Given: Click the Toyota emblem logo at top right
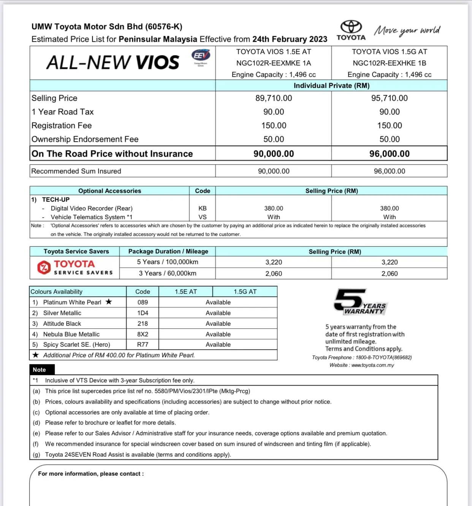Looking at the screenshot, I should tap(351, 27).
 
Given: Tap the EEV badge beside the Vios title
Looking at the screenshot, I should tap(201, 56).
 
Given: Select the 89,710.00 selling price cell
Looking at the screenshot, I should tap(274, 98).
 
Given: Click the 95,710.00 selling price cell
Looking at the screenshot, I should tap(389, 98).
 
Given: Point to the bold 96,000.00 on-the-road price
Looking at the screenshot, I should tap(389, 154).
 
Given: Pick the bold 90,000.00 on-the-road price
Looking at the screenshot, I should tap(274, 154).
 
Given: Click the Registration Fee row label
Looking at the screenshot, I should tap(62, 126).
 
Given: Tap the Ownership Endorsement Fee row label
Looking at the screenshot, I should tap(85, 139).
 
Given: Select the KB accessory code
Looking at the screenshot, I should tap(203, 208).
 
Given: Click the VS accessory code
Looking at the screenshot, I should tap(203, 217).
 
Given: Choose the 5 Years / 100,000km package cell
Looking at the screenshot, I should tap(168, 262).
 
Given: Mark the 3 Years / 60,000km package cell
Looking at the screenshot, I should tap(168, 273).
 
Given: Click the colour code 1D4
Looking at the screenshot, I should tap(143, 313).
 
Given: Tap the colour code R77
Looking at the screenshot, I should tap(143, 345).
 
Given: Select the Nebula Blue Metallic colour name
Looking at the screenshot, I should tap(71, 334).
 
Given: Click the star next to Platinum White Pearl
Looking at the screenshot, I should tap(109, 302).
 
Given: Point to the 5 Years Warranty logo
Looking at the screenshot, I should tap(360, 302).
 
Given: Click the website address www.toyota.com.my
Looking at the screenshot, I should tap(372, 365).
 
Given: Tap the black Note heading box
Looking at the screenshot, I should tap(42, 369).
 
